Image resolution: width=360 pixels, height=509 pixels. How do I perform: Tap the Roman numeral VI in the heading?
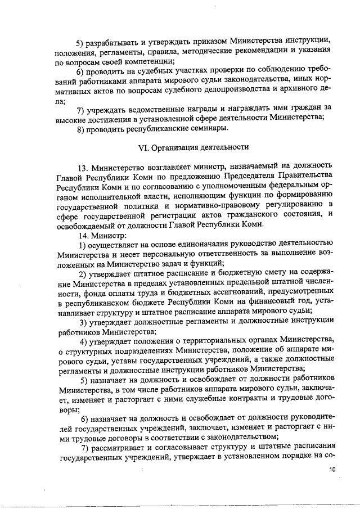point(143,147)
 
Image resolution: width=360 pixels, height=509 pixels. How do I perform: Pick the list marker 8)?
point(83,129)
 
